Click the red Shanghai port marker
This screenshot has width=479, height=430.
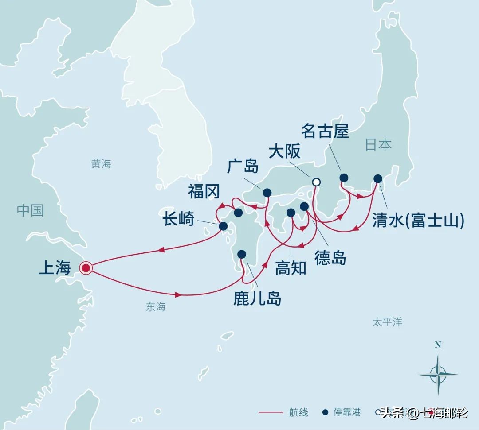pos(86,267)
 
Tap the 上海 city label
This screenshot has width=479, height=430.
pos(55,267)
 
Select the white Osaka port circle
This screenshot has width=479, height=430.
pos(316,182)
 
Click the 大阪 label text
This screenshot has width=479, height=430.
pos(285,151)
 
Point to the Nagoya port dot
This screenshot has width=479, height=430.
pos(344,178)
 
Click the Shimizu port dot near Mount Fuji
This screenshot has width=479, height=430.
pos(377,178)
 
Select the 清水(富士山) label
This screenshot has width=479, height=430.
pos(417,220)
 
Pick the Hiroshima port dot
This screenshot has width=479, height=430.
pos(267,192)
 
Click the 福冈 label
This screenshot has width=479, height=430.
pos(204,192)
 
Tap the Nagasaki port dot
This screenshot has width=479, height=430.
pos(223,226)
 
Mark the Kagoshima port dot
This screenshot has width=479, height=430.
pos(242,254)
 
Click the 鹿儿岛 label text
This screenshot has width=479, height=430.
pos(257,298)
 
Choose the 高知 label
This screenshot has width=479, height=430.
pos(291,267)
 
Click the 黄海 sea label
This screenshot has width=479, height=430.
pos(101,164)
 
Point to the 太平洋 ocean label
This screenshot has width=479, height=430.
pos(387,322)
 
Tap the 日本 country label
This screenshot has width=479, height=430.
pos(378,145)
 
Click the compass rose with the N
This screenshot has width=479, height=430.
pos(438,372)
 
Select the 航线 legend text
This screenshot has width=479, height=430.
pos(299,413)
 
